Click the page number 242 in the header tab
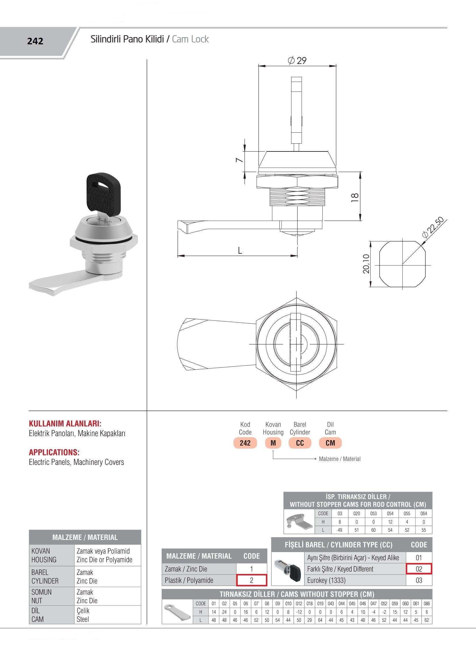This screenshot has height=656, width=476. [x=35, y=41]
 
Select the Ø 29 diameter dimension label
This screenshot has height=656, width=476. [x=297, y=60]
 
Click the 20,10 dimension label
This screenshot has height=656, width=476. [x=366, y=263]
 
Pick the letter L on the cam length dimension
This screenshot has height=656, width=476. [x=240, y=250]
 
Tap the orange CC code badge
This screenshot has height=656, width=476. [x=300, y=443]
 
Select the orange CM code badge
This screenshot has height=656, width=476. [x=330, y=443]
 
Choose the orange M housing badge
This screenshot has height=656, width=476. [x=273, y=443]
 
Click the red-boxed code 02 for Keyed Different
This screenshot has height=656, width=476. [x=419, y=569]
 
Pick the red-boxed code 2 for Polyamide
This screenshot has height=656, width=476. [x=251, y=580]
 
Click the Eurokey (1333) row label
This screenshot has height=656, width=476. [x=326, y=580]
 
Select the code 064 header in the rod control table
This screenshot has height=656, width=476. [x=423, y=514]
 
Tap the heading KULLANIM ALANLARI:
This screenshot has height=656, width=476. [x=65, y=424]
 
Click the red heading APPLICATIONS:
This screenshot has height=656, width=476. [x=54, y=452]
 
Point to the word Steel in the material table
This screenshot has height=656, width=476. [x=83, y=619]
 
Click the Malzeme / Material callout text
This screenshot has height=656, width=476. [x=340, y=459]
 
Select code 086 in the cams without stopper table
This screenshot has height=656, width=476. [x=427, y=603]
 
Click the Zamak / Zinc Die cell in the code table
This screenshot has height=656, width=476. [x=186, y=569]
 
